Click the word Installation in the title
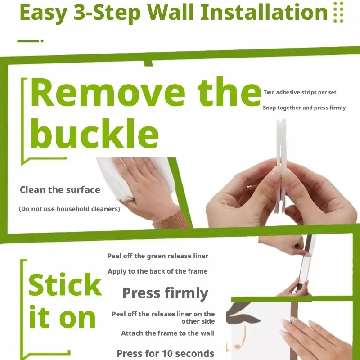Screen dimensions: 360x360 click(264, 12)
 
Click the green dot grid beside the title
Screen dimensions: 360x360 click(338, 12)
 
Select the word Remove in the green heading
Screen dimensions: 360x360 click(108, 92)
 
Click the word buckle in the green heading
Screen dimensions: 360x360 click(94, 134)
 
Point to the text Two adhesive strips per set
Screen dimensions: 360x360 click(300, 92)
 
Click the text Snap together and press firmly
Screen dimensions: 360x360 click(304, 108)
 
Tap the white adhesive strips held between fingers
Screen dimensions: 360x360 click(281, 165)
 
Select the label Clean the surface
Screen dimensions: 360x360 click(60, 190)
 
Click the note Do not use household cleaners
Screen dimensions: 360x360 click(69, 209)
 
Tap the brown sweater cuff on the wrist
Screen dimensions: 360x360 click(171, 220)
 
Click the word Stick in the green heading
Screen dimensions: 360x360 click(65, 284)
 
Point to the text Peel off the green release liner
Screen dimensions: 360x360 click(158, 256)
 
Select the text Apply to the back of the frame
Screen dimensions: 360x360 click(157, 271)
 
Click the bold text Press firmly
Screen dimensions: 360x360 click(165, 293)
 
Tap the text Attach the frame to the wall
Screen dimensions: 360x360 click(167, 333)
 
